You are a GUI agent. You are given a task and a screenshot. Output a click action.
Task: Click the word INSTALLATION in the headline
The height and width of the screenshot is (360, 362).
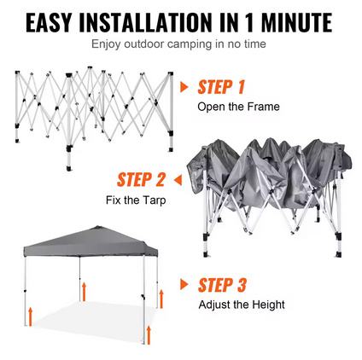pos(145,22)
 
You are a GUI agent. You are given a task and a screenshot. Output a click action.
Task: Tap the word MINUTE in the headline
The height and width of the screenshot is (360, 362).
pos(296,22)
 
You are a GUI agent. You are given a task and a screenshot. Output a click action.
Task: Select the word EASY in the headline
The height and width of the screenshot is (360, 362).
pos(49,22)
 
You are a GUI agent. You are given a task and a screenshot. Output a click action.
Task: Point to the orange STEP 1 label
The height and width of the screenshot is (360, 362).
pos(221,87)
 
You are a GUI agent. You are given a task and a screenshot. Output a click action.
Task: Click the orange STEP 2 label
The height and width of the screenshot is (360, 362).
pos(141,180)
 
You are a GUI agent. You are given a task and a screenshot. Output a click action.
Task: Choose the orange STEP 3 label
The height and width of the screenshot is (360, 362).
pos(222,285)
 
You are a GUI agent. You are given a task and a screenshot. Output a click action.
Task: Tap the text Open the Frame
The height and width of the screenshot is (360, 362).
pos(238,107)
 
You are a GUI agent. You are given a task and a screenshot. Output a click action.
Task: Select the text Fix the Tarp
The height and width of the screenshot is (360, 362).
pos(136,200)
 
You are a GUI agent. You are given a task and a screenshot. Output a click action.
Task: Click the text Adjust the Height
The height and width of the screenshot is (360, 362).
pos(242,305)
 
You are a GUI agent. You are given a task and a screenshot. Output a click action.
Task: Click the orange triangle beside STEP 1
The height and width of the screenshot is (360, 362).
pos(184,87)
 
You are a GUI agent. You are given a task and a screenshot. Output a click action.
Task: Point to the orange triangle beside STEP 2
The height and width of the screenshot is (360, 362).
pos(178,180)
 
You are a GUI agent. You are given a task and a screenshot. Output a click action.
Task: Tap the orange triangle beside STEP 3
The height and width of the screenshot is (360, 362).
pos(184,284)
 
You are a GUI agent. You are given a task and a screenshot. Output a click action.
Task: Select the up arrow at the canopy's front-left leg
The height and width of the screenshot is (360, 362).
pos(30,316)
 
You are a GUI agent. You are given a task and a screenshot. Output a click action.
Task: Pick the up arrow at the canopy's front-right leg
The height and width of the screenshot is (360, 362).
pos(149,335)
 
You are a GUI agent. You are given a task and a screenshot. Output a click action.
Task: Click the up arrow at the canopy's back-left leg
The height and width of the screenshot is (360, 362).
pos(84,292)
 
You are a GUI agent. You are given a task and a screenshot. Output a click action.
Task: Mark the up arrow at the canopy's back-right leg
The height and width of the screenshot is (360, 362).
pos(161,299)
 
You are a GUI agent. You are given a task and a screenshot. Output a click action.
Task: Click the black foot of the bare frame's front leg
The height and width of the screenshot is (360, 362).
pos(68,169)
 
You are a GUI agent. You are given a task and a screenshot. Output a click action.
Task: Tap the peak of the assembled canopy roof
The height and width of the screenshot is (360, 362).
pos(98,227)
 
